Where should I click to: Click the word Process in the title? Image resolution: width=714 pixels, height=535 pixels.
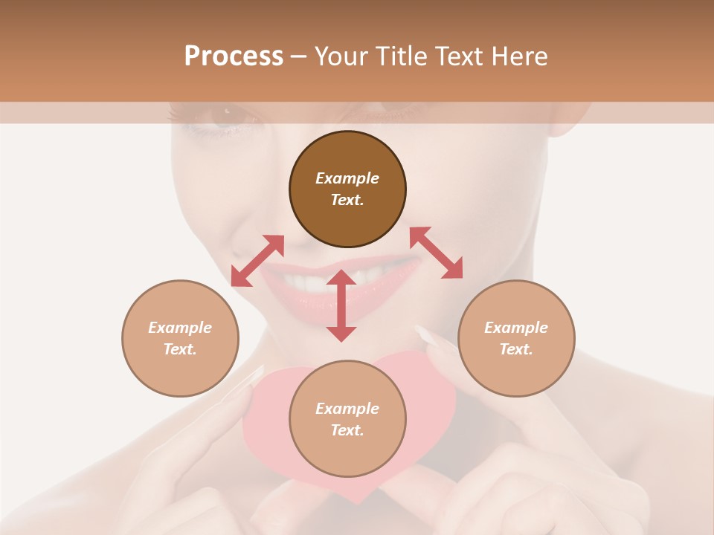click(234, 56)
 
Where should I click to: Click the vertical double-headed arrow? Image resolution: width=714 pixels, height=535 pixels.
click(341, 305)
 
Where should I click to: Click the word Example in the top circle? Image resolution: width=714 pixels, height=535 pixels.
click(347, 178)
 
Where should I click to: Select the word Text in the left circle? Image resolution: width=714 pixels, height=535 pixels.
click(180, 349)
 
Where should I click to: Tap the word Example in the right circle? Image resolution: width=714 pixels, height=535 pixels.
click(516, 328)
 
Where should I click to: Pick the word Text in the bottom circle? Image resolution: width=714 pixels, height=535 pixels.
click(347, 430)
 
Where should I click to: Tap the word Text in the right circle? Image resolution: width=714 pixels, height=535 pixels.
click(516, 349)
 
